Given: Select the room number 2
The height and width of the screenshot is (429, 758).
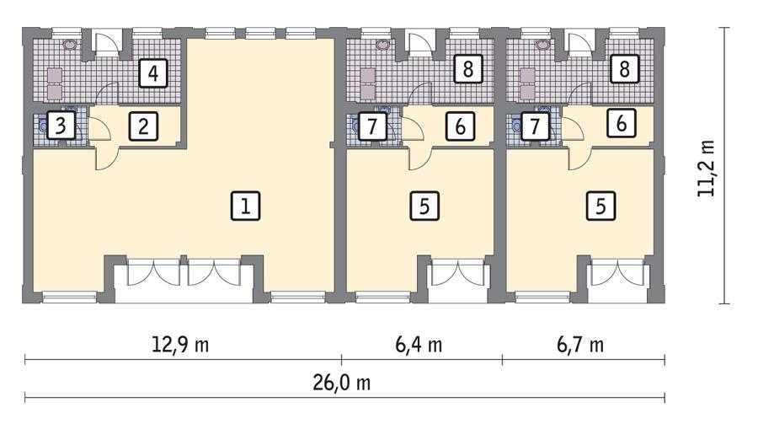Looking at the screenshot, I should point(144,127).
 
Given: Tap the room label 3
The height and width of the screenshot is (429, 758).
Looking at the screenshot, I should point(60,127).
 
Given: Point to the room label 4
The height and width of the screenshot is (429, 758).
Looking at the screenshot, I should point(152,73).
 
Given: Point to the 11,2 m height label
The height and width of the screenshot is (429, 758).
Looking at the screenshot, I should point(706,169).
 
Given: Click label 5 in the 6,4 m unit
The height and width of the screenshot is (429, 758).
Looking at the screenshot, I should point(424,206).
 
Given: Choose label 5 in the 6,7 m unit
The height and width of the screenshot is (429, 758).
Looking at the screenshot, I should point(601,206).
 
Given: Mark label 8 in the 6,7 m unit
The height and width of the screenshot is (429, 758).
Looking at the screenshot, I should point(624,68).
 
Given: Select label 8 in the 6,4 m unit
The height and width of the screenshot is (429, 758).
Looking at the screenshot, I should point(467,69).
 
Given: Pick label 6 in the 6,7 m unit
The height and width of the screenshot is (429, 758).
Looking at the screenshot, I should point(622,123).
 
